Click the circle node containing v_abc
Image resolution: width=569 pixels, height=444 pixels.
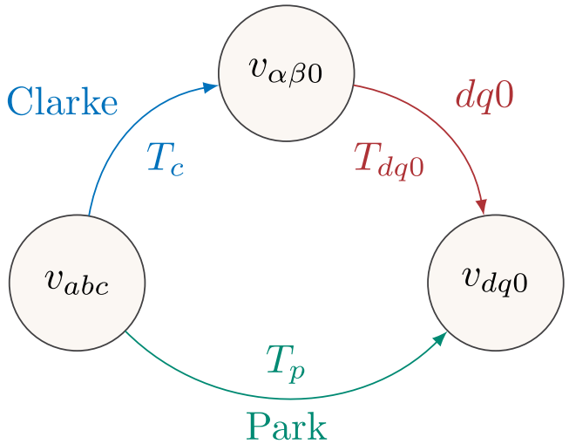(x=77, y=283)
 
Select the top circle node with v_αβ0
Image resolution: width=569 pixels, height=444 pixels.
(x=286, y=73)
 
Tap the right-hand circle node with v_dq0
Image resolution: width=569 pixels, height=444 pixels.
(x=495, y=283)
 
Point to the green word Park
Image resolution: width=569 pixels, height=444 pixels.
(x=286, y=427)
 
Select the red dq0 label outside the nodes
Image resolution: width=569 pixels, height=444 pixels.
(x=484, y=97)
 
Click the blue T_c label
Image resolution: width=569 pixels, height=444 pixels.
(x=165, y=160)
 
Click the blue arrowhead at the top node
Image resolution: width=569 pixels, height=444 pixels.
(x=210, y=85)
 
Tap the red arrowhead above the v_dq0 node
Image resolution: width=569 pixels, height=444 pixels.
(x=481, y=207)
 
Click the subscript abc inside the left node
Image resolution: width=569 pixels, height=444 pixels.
(x=88, y=287)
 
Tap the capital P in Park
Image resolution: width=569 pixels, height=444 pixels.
(x=255, y=427)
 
